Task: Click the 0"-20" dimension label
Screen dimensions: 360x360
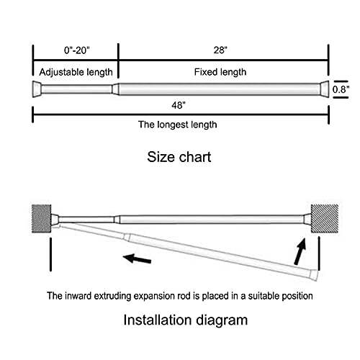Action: coord(76,50)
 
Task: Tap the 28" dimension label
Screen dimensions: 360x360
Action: coord(220,50)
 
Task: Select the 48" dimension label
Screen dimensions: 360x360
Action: coord(179,105)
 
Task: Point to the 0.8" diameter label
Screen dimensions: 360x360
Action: coord(341,89)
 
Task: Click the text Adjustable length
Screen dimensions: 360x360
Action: coord(76,72)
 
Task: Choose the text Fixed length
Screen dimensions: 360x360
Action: coord(220,72)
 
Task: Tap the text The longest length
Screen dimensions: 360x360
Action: coord(178,125)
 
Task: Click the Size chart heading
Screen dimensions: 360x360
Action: coord(179,157)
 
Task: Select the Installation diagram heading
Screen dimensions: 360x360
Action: coord(185,320)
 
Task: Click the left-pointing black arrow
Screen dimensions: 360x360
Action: coord(137,258)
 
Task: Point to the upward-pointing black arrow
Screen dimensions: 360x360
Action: coord(300,251)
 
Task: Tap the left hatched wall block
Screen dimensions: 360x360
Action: coord(41,219)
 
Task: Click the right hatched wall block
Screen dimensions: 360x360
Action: coord(325,219)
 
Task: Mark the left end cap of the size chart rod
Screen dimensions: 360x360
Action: coord(37,89)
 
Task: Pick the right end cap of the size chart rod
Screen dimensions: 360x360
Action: coord(325,89)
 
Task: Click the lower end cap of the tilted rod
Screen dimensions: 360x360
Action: coord(314,275)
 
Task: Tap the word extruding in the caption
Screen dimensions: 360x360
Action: coord(112,296)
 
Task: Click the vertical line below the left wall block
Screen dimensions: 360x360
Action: coord(50,254)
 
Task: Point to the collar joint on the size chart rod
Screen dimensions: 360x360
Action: coord(115,89)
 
